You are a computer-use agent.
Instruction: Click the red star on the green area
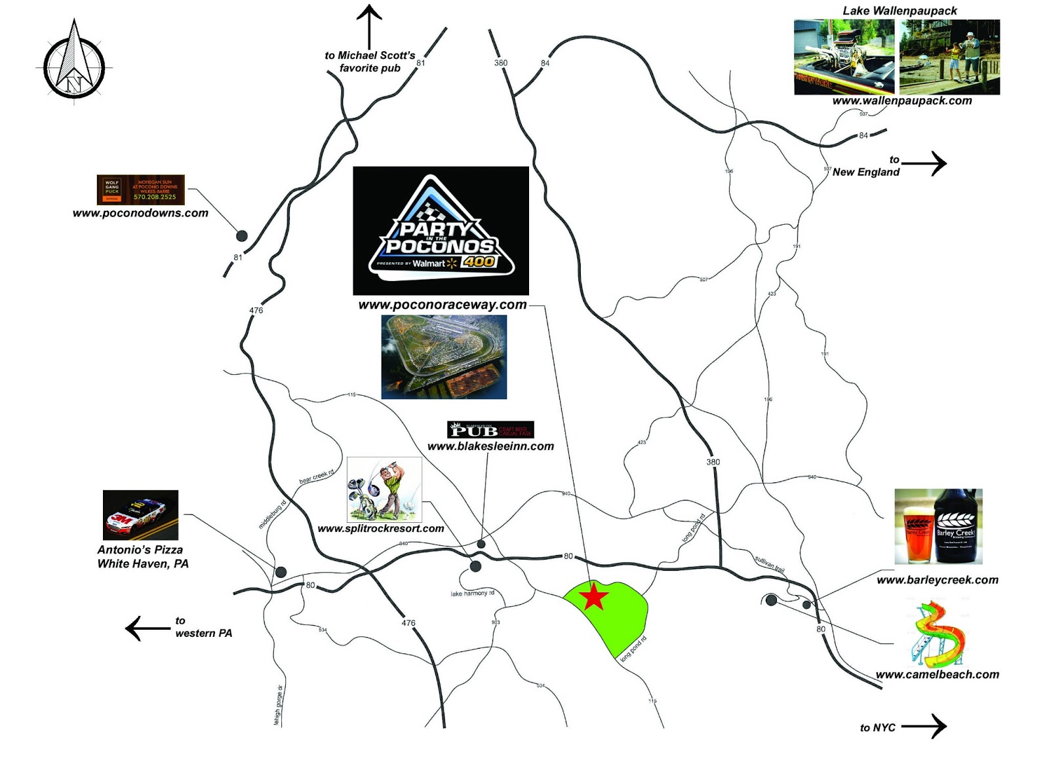594,597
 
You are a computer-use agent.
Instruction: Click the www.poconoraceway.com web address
443,305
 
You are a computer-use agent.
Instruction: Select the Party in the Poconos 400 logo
441,230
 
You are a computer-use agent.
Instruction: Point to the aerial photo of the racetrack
444,357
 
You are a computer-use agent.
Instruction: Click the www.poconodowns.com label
140,213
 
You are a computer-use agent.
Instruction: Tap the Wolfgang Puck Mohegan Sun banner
140,190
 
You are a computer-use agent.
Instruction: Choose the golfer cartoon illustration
384,490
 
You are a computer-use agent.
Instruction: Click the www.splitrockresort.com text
380,529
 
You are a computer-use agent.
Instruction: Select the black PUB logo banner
490,430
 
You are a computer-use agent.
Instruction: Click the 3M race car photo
140,515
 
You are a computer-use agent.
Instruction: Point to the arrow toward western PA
147,628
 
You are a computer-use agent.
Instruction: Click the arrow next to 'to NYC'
924,725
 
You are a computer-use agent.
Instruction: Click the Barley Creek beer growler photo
938,526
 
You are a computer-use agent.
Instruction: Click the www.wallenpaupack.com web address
902,101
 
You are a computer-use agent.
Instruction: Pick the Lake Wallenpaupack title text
900,10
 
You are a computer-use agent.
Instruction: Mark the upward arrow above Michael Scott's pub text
370,26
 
